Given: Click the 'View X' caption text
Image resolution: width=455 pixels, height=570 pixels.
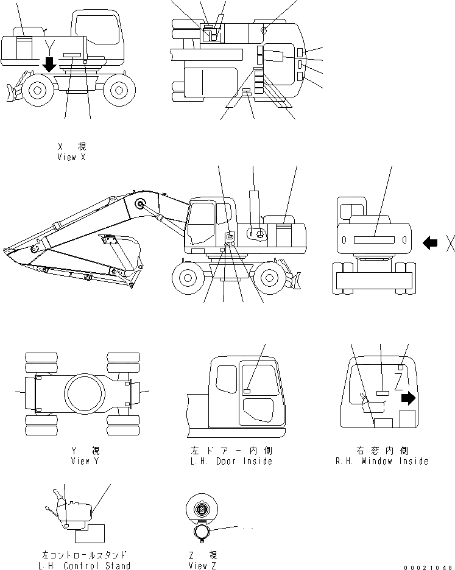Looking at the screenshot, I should click(76, 157).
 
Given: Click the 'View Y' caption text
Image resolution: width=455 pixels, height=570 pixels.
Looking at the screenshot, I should click(88, 461).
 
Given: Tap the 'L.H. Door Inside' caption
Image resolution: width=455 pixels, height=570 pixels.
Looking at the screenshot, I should click(231, 461).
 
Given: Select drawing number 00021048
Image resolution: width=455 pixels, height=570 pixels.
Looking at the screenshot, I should click(428, 566).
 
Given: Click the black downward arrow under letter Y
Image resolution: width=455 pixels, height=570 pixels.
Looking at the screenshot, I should click(49, 63).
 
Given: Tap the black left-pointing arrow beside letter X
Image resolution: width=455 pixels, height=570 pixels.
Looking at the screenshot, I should click(430, 243).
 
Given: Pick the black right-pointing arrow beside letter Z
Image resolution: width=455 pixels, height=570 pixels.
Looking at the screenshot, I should click(408, 398).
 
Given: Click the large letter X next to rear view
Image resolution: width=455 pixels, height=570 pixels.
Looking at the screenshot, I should click(449, 244).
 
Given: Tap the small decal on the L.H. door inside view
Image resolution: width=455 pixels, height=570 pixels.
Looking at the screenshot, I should click(247, 390).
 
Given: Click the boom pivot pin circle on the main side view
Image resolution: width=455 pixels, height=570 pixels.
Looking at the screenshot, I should click(141, 205).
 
